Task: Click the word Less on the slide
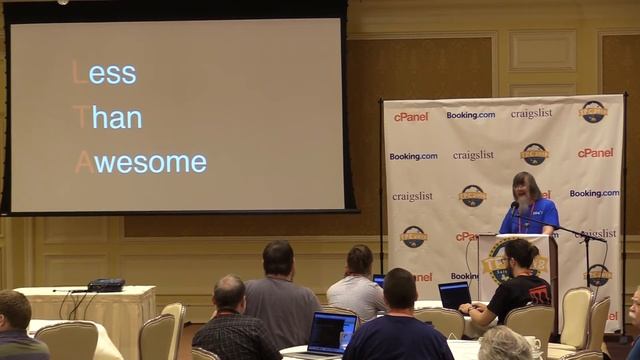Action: click(104, 73)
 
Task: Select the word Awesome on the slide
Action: click(141, 161)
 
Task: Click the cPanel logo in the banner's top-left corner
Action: click(411, 116)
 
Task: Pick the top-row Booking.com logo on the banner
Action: click(470, 115)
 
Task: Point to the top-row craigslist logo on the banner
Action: click(531, 113)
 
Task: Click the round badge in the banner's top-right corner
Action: click(594, 111)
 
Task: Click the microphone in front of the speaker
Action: click(515, 207)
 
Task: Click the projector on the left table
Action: click(105, 285)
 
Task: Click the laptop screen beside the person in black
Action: click(455, 295)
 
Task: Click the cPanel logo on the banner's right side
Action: click(595, 153)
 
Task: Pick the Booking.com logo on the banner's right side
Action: click(594, 193)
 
